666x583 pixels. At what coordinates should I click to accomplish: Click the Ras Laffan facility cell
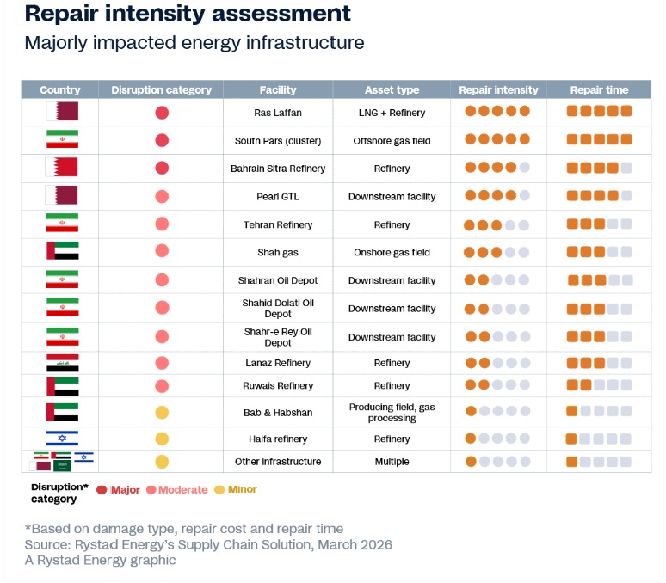tap(277, 113)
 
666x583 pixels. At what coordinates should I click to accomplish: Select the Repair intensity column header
tap(498, 89)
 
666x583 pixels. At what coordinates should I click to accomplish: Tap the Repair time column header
tap(599, 89)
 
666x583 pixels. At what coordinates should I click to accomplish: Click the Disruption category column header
tap(161, 89)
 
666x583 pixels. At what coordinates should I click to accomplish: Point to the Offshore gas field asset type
tap(392, 141)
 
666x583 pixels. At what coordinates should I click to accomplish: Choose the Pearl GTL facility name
tap(277, 197)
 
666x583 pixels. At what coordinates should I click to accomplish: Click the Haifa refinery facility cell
tap(277, 439)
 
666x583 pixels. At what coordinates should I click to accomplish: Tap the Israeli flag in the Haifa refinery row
tap(62, 439)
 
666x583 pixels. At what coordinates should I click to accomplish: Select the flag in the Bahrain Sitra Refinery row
tap(62, 168)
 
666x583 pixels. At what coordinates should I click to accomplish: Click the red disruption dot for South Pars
tap(162, 141)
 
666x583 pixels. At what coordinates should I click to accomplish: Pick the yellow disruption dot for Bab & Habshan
tap(162, 413)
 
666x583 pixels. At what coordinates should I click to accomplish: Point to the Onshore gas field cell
tap(392, 253)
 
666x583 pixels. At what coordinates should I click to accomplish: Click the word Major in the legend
tap(126, 490)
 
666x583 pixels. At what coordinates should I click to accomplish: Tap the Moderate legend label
tap(182, 490)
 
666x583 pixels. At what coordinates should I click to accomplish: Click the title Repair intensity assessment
tap(188, 15)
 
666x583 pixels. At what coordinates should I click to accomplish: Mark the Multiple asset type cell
tap(392, 462)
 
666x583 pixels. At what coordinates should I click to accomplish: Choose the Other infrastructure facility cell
tap(277, 462)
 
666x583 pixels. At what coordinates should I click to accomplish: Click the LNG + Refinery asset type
tap(392, 113)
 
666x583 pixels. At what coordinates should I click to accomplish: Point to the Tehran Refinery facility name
tap(277, 225)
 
